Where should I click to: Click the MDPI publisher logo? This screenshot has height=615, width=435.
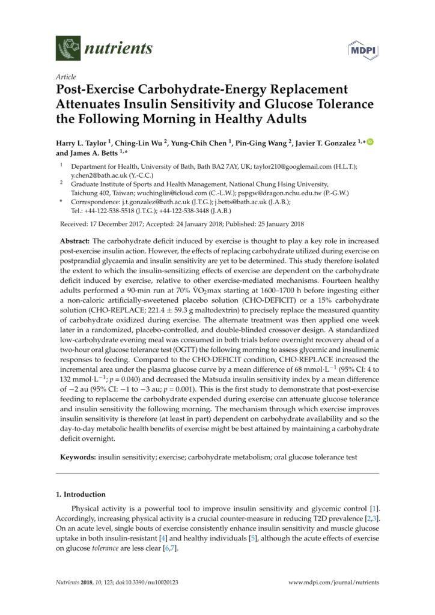(x=362, y=49)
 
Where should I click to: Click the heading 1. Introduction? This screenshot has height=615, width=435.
(x=81, y=494)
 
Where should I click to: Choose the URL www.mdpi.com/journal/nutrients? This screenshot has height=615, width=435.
(x=334, y=583)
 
